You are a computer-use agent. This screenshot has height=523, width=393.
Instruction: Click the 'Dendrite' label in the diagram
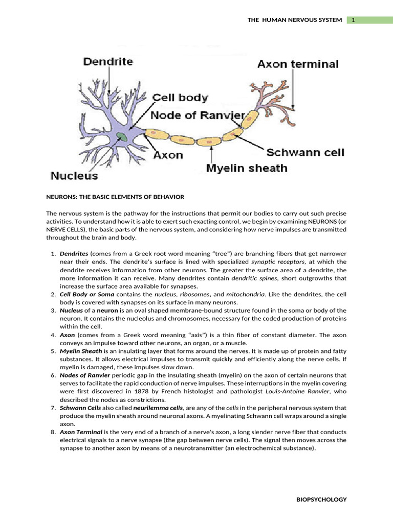[x=108, y=62]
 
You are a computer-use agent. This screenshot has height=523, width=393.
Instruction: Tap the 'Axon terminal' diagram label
[x=297, y=64]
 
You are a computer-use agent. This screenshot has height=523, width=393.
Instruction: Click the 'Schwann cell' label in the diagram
[x=305, y=152]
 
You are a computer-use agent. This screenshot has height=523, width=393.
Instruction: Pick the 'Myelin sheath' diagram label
[x=247, y=168]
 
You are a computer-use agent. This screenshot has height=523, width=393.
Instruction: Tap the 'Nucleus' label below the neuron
[x=74, y=176]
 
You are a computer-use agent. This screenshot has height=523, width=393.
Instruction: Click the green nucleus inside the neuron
[x=121, y=137]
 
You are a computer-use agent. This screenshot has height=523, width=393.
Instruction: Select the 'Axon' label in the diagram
[x=168, y=155]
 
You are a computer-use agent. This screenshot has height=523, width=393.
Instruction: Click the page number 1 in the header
[x=353, y=20]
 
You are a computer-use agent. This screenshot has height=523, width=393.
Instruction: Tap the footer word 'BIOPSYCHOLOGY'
[x=322, y=499]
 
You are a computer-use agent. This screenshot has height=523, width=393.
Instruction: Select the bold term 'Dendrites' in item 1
[x=74, y=253]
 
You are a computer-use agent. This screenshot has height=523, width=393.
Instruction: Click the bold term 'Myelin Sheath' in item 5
[x=81, y=351]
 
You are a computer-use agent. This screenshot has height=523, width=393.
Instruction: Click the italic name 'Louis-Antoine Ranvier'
[x=298, y=391]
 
